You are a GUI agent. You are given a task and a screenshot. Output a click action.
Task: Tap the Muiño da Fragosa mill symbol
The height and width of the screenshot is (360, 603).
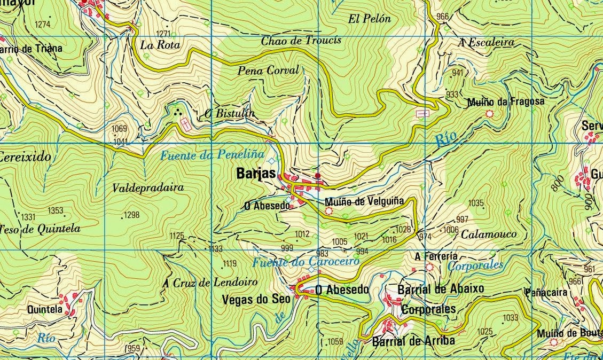point(489,114)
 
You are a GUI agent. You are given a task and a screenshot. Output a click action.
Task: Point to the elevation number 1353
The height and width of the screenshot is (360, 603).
point(56,210)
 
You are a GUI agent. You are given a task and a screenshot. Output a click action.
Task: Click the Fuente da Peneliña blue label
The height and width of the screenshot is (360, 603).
point(213,155)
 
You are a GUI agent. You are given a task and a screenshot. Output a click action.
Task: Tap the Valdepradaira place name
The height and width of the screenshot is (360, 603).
point(148,188)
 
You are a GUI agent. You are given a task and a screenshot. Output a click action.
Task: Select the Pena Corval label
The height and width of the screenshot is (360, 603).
point(269,70)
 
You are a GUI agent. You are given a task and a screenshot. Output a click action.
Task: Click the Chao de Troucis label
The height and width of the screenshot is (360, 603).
point(301,41)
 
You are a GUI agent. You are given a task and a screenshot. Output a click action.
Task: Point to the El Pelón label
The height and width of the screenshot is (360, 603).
point(370,19)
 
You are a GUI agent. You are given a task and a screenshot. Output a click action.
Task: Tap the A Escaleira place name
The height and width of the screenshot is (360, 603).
point(486,42)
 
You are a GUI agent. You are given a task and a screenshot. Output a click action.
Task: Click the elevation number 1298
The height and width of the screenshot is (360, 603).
point(131,215)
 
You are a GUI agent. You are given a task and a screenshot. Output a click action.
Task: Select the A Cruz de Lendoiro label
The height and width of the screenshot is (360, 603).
point(210,283)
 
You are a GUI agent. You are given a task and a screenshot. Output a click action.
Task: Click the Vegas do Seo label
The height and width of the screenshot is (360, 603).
point(256,300)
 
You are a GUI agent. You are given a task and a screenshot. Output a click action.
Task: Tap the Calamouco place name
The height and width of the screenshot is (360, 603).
point(489,234)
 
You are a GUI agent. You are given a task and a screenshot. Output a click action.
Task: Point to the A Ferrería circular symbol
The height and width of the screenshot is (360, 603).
point(429,267)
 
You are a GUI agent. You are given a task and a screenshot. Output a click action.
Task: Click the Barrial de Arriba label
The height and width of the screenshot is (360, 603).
point(413,341)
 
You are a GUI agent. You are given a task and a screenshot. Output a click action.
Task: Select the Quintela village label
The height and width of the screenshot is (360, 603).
point(44,309)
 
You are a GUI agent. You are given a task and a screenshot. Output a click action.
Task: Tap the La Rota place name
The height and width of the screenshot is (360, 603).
point(160,45)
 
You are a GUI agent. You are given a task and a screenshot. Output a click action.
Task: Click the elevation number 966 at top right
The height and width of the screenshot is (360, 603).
point(442,17)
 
